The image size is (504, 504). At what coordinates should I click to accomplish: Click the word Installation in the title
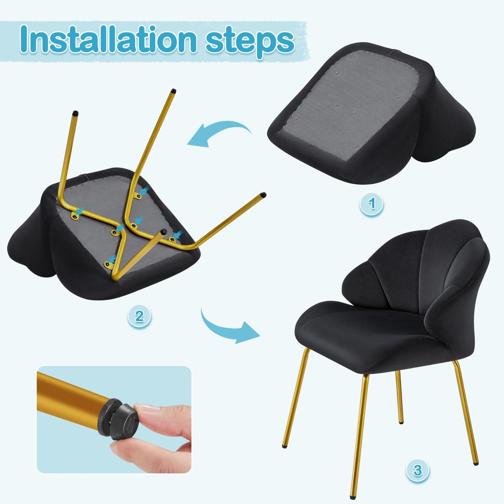coord(108,39)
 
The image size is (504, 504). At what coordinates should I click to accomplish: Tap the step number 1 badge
coord(371,204)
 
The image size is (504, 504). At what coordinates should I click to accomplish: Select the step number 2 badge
coord(139,316)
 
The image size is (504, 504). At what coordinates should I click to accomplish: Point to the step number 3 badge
coord(418,471)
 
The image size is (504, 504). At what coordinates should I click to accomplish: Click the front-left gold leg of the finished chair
coord(295,398)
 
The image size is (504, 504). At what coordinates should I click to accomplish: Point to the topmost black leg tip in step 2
coord(173,91)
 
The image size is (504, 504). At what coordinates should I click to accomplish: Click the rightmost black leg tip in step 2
coord(263,195)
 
